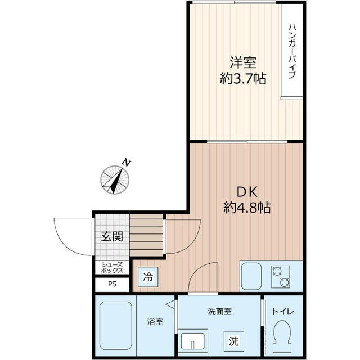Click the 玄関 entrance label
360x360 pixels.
pos(112,237)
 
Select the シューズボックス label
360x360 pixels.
pos(112,268)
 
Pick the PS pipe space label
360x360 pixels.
pos(112,284)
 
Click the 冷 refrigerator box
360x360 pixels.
pos(148,277)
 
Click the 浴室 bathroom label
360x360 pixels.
pos(156,323)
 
